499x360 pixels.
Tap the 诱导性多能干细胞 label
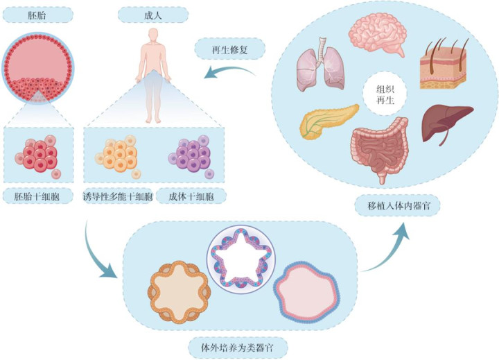[x=117, y=197]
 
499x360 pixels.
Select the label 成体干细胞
[x=191, y=197]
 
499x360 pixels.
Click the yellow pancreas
[x=328, y=122]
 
